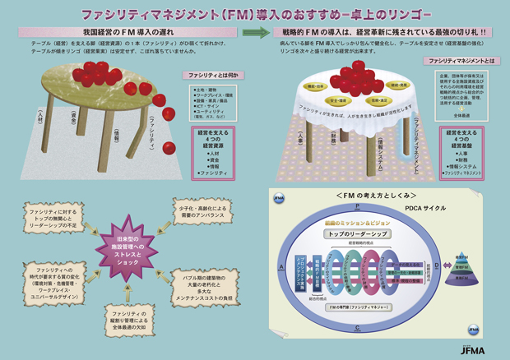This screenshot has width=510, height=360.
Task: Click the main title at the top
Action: click(x=255, y=14)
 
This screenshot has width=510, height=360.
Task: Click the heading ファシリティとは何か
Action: click(x=212, y=75)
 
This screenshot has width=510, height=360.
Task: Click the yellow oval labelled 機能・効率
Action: click(x=317, y=85)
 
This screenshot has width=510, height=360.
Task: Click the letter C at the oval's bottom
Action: click(x=356, y=327)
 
